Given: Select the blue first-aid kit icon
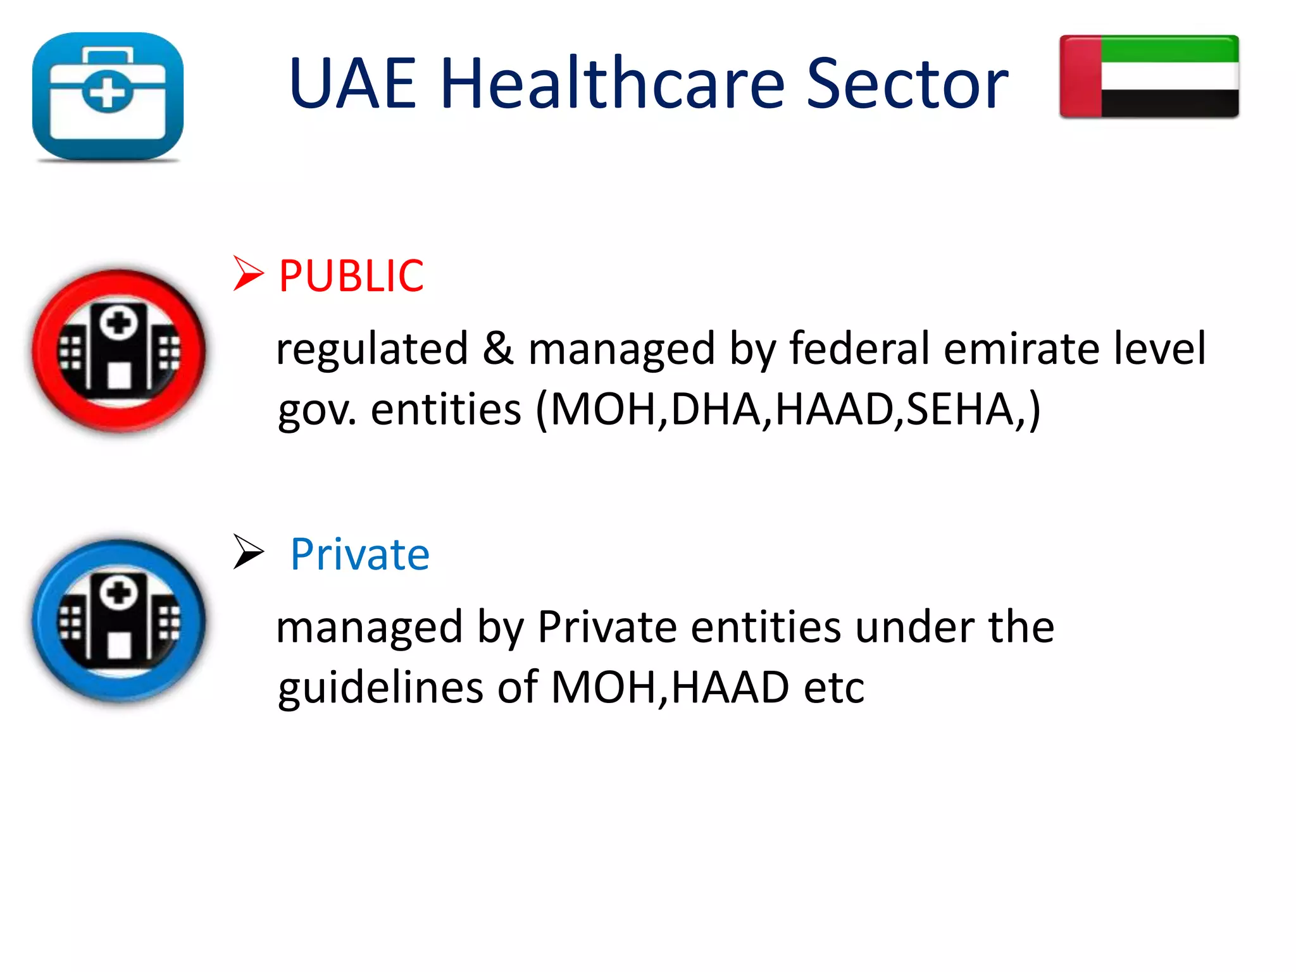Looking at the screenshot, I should pos(108,96).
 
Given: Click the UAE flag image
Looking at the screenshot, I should pos(1149,77).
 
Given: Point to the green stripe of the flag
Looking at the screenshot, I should pos(1169,49).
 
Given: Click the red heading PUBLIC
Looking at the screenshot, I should pos(351,276).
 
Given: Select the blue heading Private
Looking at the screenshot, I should pos(359,554).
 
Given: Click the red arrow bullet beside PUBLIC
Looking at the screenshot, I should pos(248,273).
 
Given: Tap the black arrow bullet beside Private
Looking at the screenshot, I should pos(248,552).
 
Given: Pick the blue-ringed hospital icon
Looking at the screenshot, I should pos(119,621).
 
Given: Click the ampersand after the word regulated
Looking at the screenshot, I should pos(497,349).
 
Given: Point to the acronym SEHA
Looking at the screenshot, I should pos(961,409).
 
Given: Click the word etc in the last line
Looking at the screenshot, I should pos(833,688).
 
